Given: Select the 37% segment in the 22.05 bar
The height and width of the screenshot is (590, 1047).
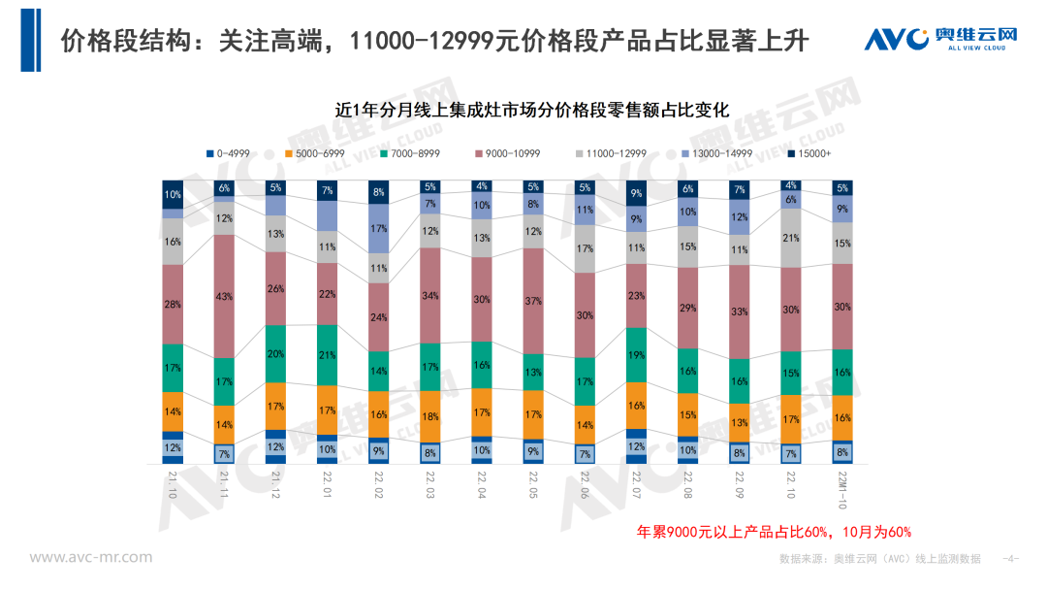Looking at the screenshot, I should click(x=532, y=301).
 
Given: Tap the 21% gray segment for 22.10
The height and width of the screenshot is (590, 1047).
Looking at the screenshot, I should click(x=791, y=239).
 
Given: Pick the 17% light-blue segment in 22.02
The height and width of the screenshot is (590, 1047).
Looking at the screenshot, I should click(x=378, y=228).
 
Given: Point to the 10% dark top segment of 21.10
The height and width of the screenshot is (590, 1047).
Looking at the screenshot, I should click(x=172, y=194).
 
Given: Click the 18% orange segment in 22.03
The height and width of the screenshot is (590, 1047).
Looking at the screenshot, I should click(x=429, y=416).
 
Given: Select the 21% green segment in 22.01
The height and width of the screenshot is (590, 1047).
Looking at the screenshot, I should click(x=327, y=355).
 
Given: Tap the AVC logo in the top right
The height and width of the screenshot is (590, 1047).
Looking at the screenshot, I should click(x=940, y=39).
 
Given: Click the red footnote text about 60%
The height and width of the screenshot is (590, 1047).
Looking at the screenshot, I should click(x=773, y=532).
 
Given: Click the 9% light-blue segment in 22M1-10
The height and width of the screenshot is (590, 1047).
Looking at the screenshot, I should click(x=842, y=209).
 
